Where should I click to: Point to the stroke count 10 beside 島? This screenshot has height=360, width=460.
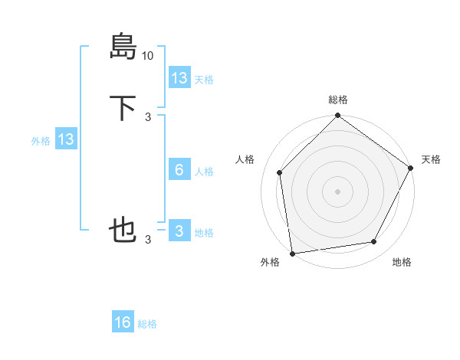pyautogui.click(x=148, y=56)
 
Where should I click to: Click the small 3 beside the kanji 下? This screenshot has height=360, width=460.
pyautogui.click(x=148, y=117)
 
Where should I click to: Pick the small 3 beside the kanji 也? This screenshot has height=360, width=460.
pyautogui.click(x=148, y=240)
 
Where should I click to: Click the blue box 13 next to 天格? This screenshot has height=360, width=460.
pyautogui.click(x=179, y=78)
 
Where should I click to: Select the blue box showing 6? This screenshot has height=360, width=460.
pyautogui.click(x=179, y=170)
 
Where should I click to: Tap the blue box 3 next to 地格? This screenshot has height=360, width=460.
pyautogui.click(x=179, y=231)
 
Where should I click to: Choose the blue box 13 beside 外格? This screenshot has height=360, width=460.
pyautogui.click(x=66, y=139)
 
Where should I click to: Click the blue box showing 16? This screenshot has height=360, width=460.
pyautogui.click(x=123, y=322)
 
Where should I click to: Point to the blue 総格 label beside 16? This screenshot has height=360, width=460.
pyautogui.click(x=147, y=324)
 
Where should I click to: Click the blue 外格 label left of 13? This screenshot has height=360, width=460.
pyautogui.click(x=41, y=141)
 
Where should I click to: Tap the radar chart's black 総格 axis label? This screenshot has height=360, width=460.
pyautogui.click(x=338, y=100)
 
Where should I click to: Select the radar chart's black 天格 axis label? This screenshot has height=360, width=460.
pyautogui.click(x=431, y=159)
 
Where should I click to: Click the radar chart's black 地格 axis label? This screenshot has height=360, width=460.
pyautogui.click(x=402, y=262)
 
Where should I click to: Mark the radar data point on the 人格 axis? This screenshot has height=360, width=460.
pyautogui.click(x=280, y=172)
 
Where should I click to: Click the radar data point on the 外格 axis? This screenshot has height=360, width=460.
pyautogui.click(x=292, y=253)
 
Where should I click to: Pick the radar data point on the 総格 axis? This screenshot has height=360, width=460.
pyautogui.click(x=337, y=116)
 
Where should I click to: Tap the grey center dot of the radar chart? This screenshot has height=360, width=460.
pyautogui.click(x=337, y=191)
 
